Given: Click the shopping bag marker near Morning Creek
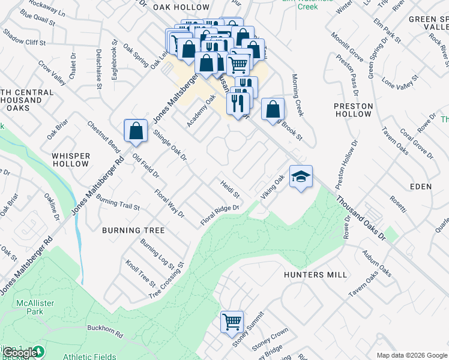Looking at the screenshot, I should pyautogui.click(x=273, y=109).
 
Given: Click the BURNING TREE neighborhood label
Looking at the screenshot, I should pyautogui.click(x=133, y=230).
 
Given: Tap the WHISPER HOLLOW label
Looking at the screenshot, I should pyautogui.click(x=71, y=160).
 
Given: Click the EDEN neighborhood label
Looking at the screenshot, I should pyautogui.click(x=421, y=187).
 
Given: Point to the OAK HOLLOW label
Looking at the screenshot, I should pyautogui.click(x=181, y=7).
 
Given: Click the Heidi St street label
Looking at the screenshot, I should pyautogui.click(x=230, y=190).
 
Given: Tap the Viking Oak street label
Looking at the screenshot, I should pyautogui.click(x=272, y=187).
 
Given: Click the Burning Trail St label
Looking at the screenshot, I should pyautogui.click(x=118, y=204).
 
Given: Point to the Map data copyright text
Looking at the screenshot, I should pyautogui.click(x=412, y=355).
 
